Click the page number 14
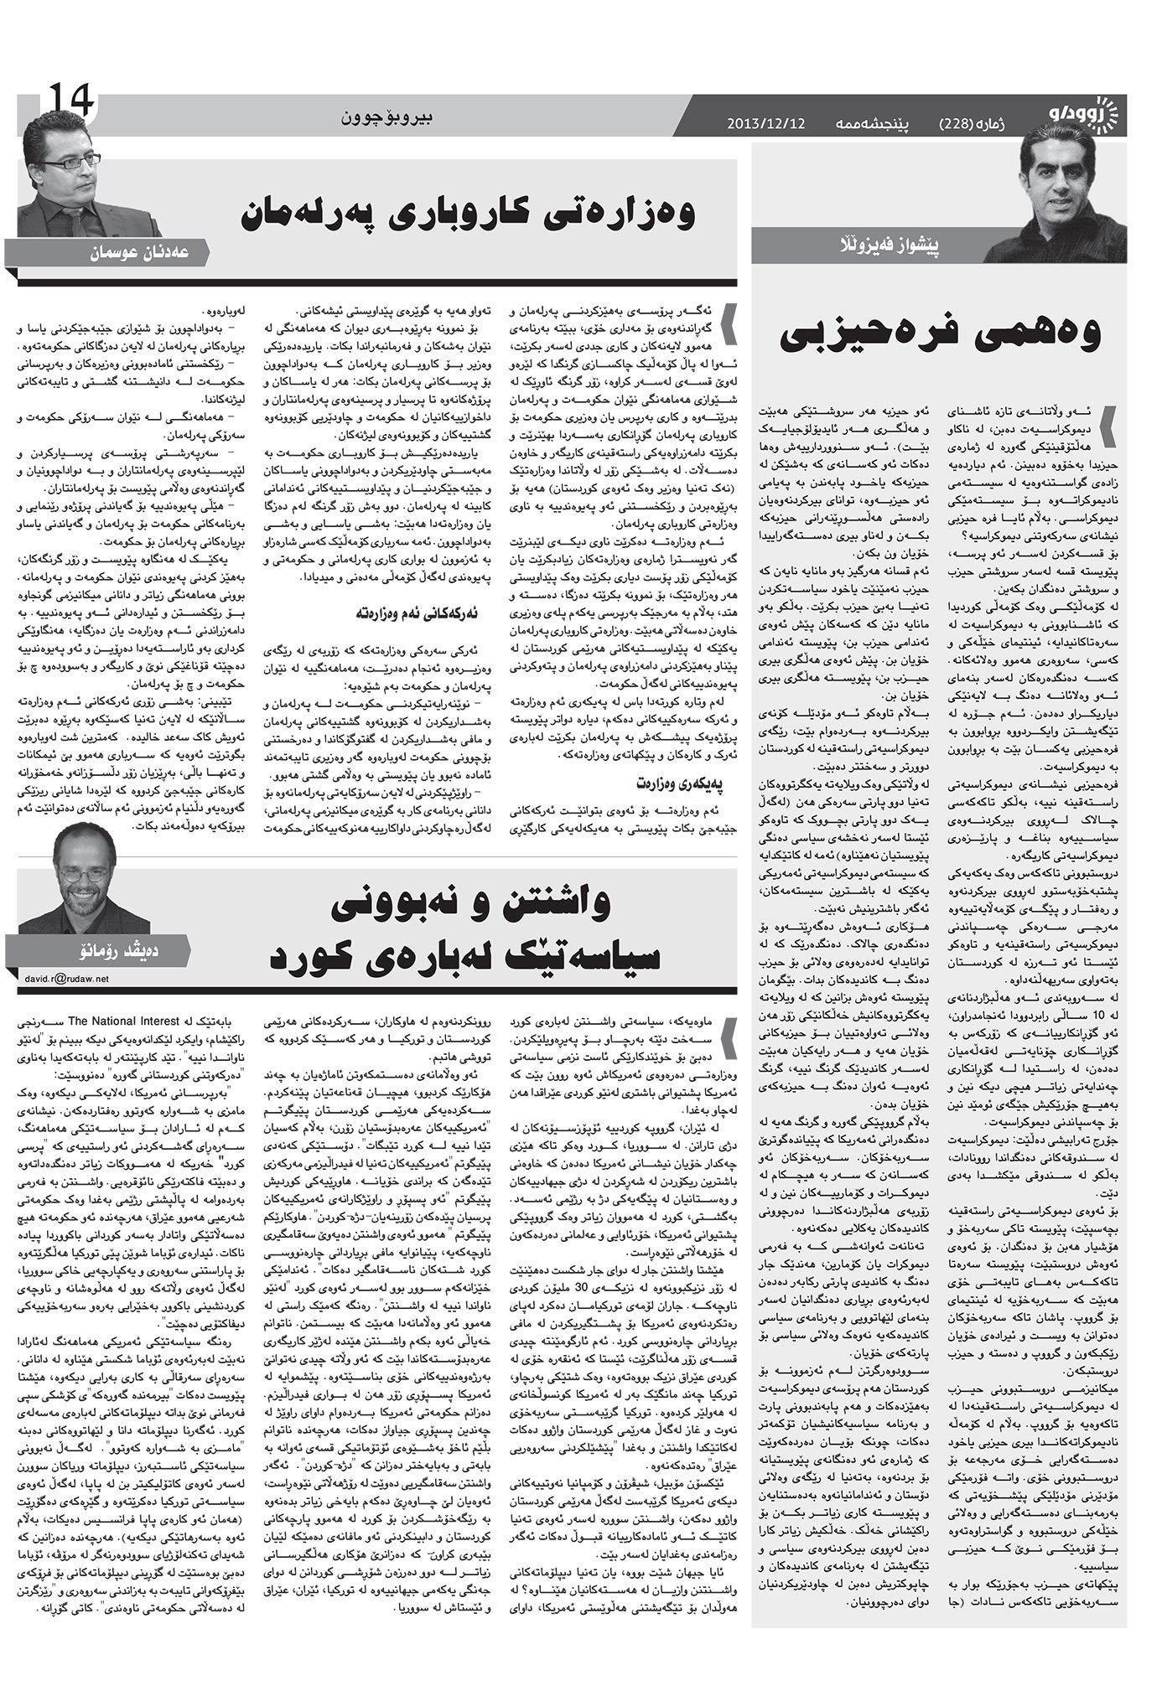click(x=70, y=101)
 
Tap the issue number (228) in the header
click(x=964, y=124)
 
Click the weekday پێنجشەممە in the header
click(x=872, y=124)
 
